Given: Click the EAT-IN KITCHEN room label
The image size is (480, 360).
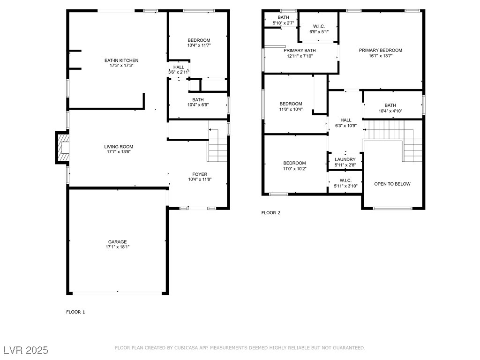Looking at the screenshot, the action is (121, 60).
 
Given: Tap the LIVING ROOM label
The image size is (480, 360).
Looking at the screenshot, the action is (119, 147).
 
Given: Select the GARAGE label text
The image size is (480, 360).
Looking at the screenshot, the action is (117, 242).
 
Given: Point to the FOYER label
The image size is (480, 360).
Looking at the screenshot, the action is (200, 174).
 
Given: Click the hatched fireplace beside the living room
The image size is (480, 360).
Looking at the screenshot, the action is (62, 148).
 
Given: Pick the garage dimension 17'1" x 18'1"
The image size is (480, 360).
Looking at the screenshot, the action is (118, 247).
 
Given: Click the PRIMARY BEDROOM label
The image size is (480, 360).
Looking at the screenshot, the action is (381, 50).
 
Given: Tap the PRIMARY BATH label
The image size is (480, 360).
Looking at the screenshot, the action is (300, 51).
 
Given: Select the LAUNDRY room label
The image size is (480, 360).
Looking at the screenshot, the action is (345, 159).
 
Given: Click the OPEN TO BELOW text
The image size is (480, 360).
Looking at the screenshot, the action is (392, 184).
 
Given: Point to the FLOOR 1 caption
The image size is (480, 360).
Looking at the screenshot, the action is (75, 312).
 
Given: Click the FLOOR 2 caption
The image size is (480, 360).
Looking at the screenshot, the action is (270, 213).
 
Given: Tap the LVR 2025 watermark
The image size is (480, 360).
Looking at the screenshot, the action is (26, 350).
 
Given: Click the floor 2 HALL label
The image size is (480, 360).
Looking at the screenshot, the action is (346, 120).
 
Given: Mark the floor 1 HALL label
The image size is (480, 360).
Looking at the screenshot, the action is (179, 67).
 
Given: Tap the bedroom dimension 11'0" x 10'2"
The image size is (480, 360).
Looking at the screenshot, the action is (294, 169).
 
